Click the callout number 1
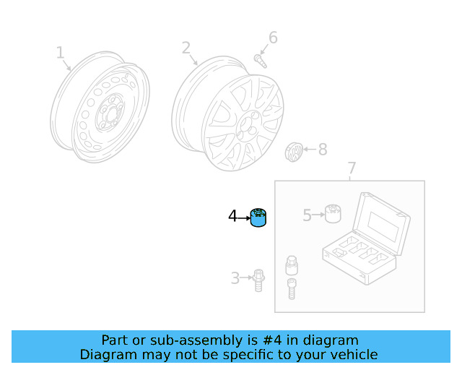61,53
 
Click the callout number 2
186,48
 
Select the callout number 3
235,278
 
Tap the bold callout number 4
232,215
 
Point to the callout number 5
307,215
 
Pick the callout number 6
273,38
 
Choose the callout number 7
352,169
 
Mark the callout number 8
322,150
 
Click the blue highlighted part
258,217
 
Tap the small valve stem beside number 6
260,59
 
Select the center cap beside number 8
293,151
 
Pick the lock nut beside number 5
332,214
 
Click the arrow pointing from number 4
243,215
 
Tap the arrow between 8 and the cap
308,150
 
